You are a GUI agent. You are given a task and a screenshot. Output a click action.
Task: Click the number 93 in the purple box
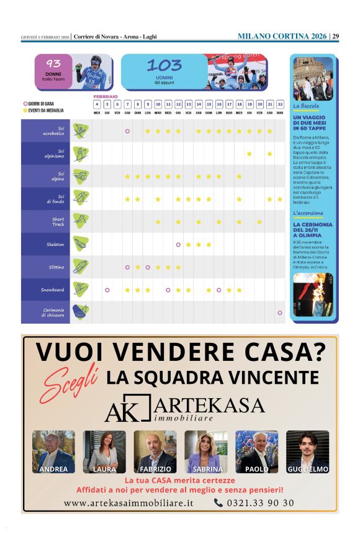pos(53,63)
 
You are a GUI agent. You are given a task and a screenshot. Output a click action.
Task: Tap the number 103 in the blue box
pos(164,65)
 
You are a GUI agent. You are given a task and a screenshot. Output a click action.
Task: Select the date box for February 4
pos(97,104)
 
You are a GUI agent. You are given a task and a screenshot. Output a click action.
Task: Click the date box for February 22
pos(280,104)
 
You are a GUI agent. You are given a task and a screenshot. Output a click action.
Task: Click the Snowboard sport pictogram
pos(80,289)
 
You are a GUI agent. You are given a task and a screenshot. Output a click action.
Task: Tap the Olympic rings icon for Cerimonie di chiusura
pos(80,312)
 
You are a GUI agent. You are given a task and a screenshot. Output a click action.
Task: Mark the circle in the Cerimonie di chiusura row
pos(280,312)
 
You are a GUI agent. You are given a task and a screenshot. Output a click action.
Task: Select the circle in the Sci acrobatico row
pos(127,131)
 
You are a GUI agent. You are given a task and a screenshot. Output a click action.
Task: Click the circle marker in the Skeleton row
pos(178,245)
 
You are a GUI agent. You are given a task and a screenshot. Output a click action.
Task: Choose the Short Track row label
pos(58,222)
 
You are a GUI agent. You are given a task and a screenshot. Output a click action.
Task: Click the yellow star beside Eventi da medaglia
pos(25,110)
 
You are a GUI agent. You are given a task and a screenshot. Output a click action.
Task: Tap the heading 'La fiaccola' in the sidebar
pos(307,106)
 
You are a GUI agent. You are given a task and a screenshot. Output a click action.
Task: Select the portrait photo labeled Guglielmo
pos(307,452)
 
